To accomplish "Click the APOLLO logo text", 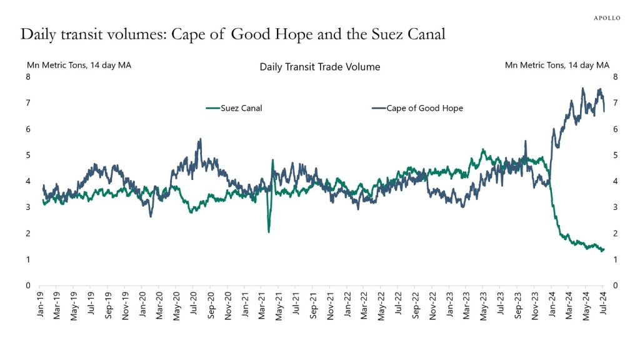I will tap(606, 18).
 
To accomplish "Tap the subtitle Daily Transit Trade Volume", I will tap(319, 67).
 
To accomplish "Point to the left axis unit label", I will tap(78, 64).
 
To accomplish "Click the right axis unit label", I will tap(557, 64).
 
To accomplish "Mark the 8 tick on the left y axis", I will tap(28, 77).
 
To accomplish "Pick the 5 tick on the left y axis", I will tap(28, 155).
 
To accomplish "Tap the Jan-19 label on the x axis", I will tap(41, 306).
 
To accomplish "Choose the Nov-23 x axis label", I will tap(536, 306).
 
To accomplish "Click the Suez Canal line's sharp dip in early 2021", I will tap(269, 231).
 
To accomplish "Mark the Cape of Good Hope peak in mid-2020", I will tap(200, 139).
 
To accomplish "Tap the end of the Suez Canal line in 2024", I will tap(603, 250).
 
